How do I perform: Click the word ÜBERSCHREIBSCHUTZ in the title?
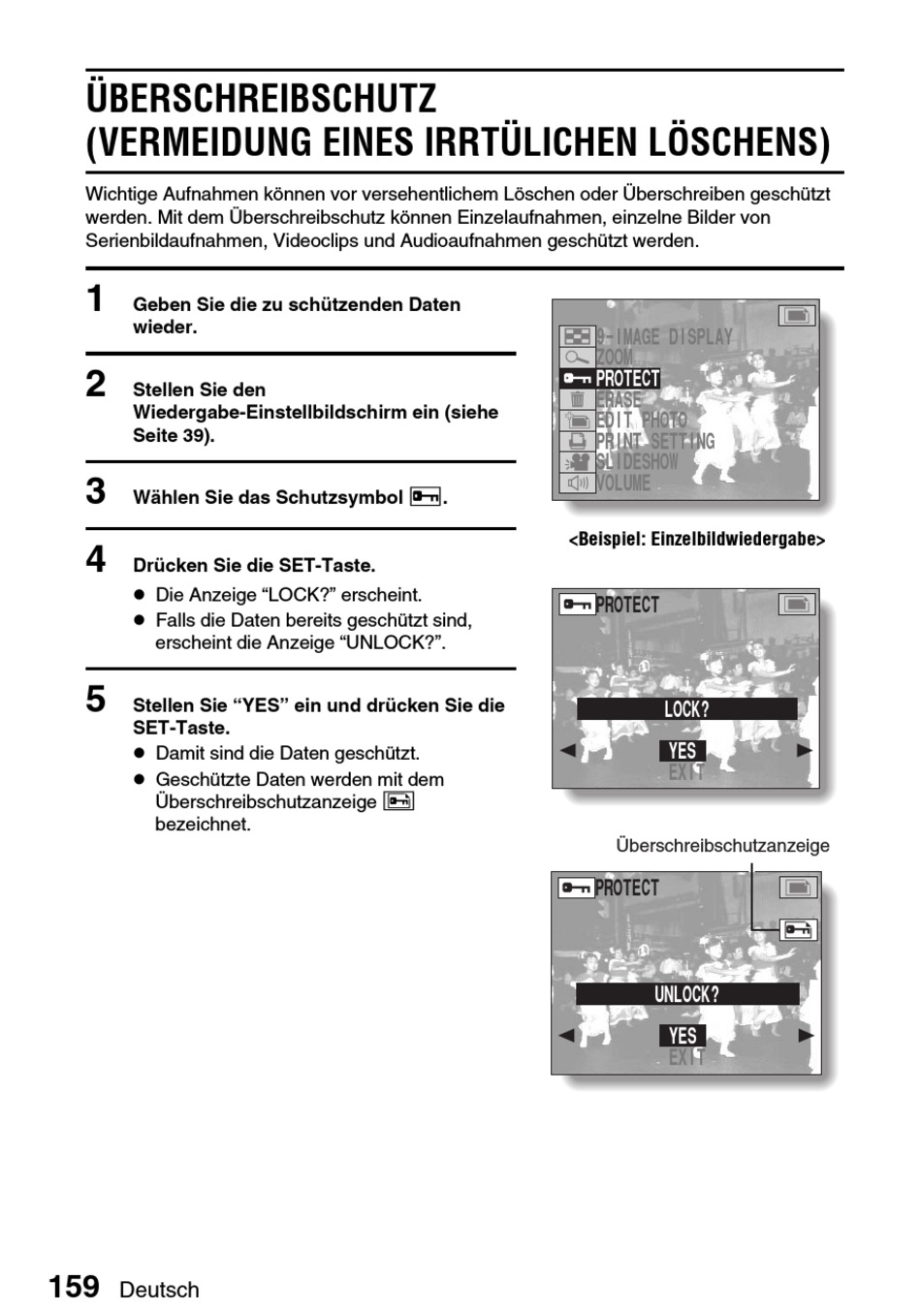pyautogui.click(x=262, y=99)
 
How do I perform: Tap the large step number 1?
pyautogui.click(x=95, y=299)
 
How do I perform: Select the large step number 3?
pyautogui.click(x=95, y=491)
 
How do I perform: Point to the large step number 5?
pyautogui.click(x=95, y=699)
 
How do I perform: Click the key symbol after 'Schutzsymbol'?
pyautogui.click(x=426, y=497)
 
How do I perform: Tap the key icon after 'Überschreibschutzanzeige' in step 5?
pyautogui.click(x=398, y=801)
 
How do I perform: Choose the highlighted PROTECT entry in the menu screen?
pyautogui.click(x=627, y=379)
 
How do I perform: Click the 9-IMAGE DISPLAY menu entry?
pyautogui.click(x=664, y=337)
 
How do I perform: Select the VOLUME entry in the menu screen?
pyautogui.click(x=623, y=483)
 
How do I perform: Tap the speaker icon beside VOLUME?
pyautogui.click(x=578, y=483)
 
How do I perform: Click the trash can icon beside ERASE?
pyautogui.click(x=578, y=399)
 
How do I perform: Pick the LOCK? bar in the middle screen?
pyautogui.click(x=686, y=709)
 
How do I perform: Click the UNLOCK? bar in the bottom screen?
pyautogui.click(x=686, y=994)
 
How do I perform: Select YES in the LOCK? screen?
pyautogui.click(x=683, y=751)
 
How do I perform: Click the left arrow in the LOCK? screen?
pyautogui.click(x=568, y=750)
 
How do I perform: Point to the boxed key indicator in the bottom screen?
pyautogui.click(x=798, y=930)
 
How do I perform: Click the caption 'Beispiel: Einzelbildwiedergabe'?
pyautogui.click(x=696, y=540)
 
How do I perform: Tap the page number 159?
pyautogui.click(x=75, y=1287)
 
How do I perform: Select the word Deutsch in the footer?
pyautogui.click(x=160, y=1290)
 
